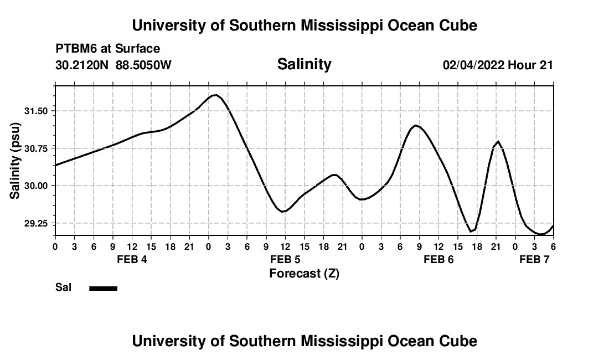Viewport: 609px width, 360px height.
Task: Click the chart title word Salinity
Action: point(304,64)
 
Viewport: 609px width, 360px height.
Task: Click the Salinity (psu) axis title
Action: point(15,160)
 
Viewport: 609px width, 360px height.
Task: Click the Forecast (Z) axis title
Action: point(304,273)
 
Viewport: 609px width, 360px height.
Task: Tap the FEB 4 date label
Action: point(132,259)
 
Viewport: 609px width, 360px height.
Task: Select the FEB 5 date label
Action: point(285,259)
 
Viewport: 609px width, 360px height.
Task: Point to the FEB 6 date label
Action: point(438,259)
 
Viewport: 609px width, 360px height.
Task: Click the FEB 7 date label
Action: point(534,259)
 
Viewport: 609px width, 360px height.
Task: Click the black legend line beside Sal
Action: point(104,288)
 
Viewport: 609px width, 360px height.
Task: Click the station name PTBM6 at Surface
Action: point(107,49)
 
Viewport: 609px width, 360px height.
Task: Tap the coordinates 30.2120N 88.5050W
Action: point(113,65)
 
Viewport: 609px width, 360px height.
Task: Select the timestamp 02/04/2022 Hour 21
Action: point(498,65)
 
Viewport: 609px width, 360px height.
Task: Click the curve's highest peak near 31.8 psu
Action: point(215,95)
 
